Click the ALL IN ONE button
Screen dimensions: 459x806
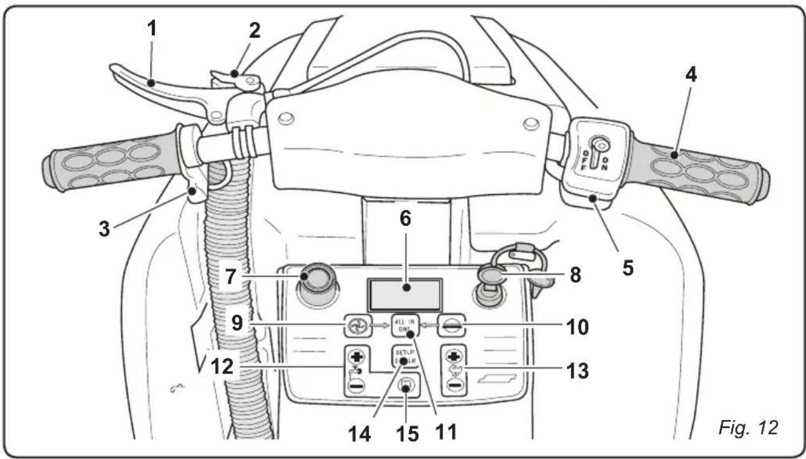(x=404, y=326)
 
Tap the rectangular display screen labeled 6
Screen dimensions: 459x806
(x=404, y=294)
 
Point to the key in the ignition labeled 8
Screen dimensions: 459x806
(x=491, y=276)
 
